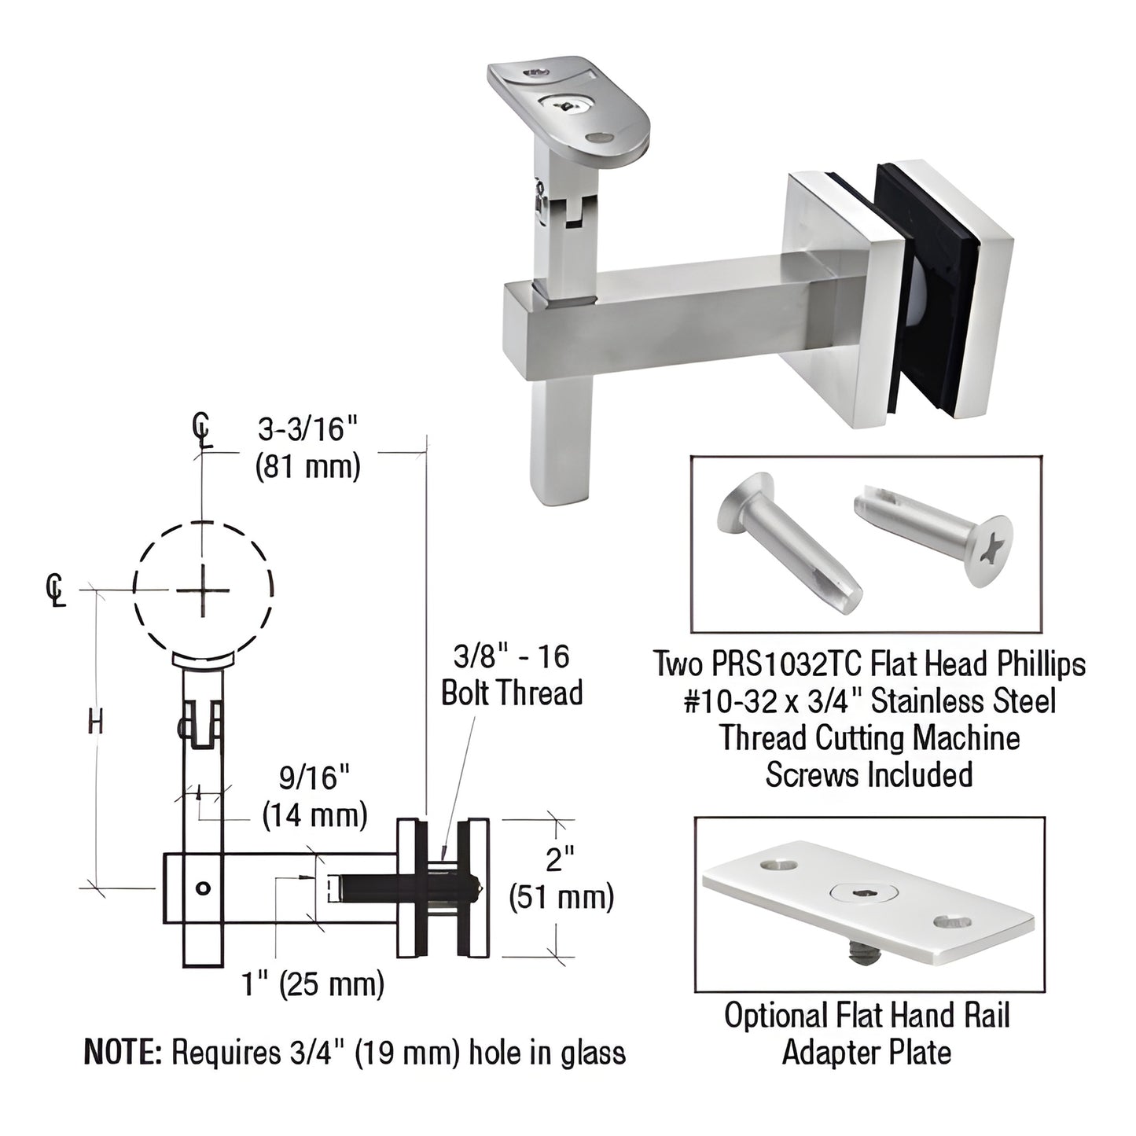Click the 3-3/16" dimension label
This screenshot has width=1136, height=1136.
point(308,431)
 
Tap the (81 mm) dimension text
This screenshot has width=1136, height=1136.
point(308,467)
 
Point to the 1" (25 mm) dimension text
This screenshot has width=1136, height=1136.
point(313,983)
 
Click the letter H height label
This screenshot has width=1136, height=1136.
point(95,721)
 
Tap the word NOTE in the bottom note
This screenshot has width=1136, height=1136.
point(122,1052)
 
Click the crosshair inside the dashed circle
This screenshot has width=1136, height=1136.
point(203,590)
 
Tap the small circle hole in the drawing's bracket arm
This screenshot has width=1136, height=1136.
point(203,888)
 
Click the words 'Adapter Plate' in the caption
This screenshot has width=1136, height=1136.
point(866,1052)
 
